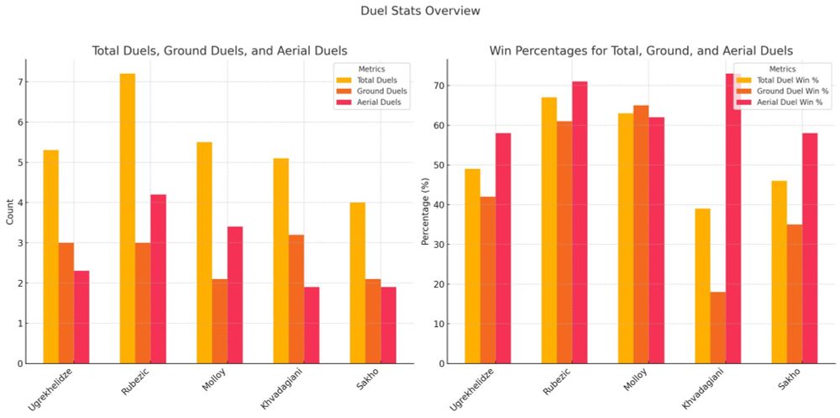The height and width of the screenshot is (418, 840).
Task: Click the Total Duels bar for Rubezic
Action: (x=127, y=219)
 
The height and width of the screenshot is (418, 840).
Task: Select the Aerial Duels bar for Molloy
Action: (x=235, y=294)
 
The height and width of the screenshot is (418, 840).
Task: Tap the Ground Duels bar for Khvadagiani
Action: (x=296, y=299)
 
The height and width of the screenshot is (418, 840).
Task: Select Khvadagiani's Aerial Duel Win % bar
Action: (x=733, y=219)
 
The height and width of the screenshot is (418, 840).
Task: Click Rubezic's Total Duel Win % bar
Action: (x=549, y=230)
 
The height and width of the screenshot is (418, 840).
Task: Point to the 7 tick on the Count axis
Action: (x=17, y=82)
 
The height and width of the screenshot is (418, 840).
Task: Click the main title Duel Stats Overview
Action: (x=420, y=11)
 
